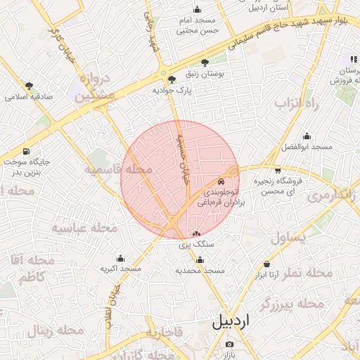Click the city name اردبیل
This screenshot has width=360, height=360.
230,322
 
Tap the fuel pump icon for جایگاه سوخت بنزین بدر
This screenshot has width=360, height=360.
26,151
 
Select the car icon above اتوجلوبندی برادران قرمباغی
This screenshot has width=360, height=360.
222,180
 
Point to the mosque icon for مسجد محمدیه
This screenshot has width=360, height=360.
200,259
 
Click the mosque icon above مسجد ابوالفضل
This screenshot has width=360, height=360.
307,136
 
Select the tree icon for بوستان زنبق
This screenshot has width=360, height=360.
205,63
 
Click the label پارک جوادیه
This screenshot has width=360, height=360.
170,91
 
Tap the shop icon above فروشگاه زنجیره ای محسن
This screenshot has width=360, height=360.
278,170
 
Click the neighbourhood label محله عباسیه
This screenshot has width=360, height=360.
79,229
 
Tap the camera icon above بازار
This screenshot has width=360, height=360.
229,344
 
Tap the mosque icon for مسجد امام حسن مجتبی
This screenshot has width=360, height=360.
197,10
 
